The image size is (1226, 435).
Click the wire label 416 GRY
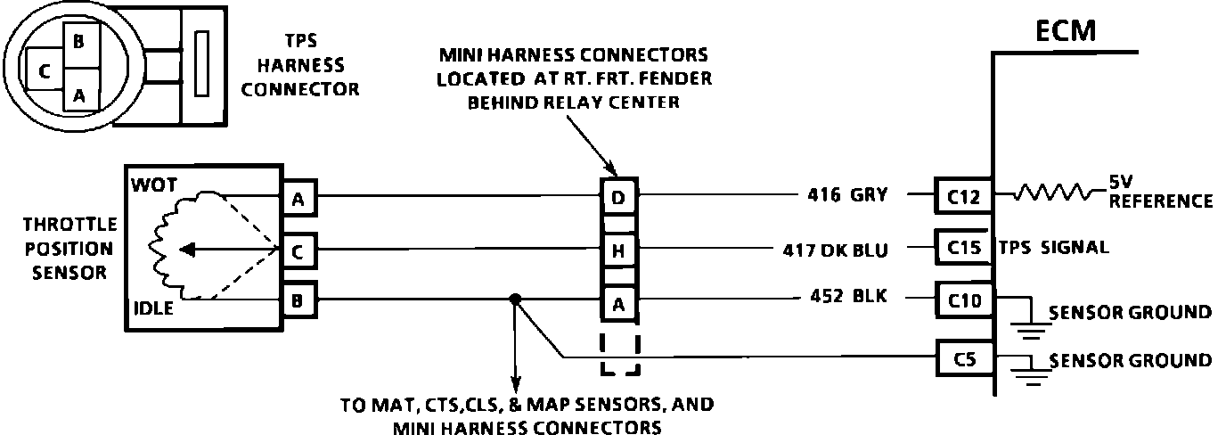(846, 194)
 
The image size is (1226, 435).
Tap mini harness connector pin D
(618, 195)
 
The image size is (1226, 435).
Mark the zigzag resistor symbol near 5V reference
(1052, 193)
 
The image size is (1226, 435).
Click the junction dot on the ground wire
(514, 300)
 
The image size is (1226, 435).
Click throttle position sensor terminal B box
(298, 300)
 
